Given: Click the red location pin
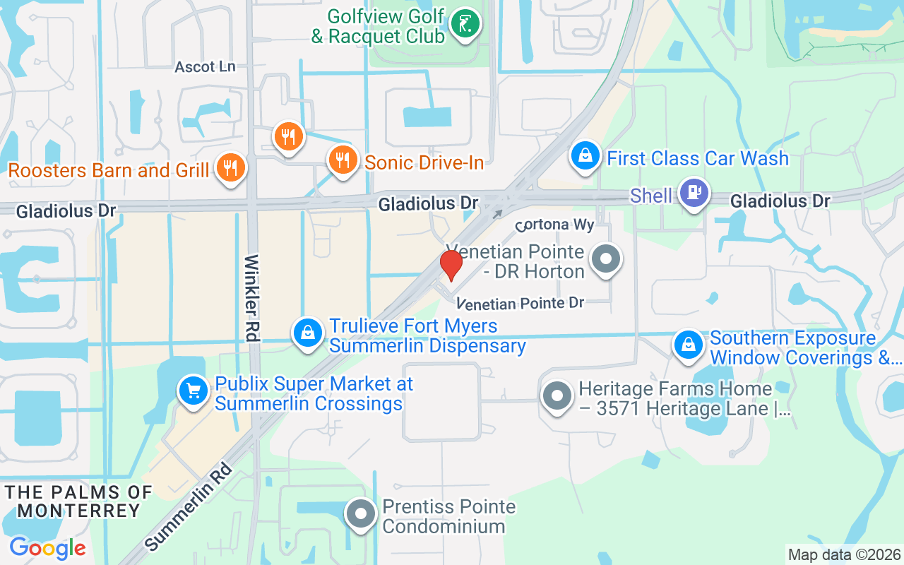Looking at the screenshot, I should point(451,264).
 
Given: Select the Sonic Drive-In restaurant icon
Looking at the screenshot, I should point(343,160).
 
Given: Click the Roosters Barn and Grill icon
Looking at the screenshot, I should point(230,168).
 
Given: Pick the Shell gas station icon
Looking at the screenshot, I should point(694,192).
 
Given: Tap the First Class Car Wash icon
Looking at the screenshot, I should point(585,156).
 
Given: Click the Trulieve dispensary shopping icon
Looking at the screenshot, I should point(308,332).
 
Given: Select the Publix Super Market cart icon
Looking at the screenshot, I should point(192,391).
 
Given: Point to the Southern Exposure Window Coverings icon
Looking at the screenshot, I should point(687,345).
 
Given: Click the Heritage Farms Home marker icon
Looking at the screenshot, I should point(557,396).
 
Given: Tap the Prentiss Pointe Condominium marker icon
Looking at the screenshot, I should point(362,515).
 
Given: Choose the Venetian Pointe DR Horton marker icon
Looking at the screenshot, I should point(605,259).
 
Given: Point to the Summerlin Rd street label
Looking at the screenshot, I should point(188,506).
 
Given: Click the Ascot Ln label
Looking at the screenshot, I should point(205,66).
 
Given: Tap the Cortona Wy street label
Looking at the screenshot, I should point(554,225).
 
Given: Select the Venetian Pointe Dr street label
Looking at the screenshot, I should point(521,303).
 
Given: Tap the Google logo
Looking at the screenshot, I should point(47,548).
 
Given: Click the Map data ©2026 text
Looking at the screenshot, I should point(843,555).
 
